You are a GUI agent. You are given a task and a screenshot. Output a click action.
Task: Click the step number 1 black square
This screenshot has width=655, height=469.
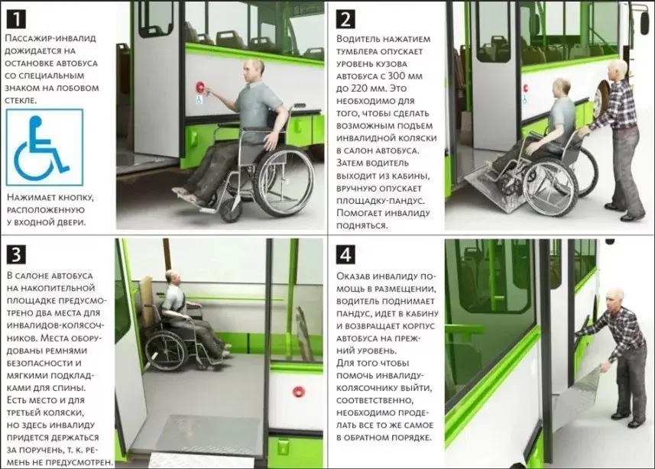[x=16, y=19]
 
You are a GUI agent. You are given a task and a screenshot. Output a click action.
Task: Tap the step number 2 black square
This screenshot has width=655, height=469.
[x=345, y=19]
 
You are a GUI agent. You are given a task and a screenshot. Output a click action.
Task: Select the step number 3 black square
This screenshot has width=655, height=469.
[x=16, y=254]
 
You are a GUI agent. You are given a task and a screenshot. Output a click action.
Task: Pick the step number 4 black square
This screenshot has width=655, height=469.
[x=345, y=254]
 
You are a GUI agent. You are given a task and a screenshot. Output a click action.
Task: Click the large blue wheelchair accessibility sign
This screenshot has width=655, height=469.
[x=44, y=147]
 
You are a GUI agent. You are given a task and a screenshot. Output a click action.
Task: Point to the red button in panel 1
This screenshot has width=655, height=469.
[x=200, y=87]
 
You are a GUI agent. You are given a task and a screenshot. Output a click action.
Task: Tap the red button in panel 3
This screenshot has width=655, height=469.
[x=298, y=392]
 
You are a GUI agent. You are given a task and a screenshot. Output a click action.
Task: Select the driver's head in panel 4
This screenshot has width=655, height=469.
[x=614, y=298]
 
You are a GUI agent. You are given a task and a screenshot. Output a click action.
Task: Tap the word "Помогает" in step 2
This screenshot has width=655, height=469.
[x=358, y=213]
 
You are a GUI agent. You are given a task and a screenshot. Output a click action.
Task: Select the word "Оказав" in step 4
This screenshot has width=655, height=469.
[x=354, y=276]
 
